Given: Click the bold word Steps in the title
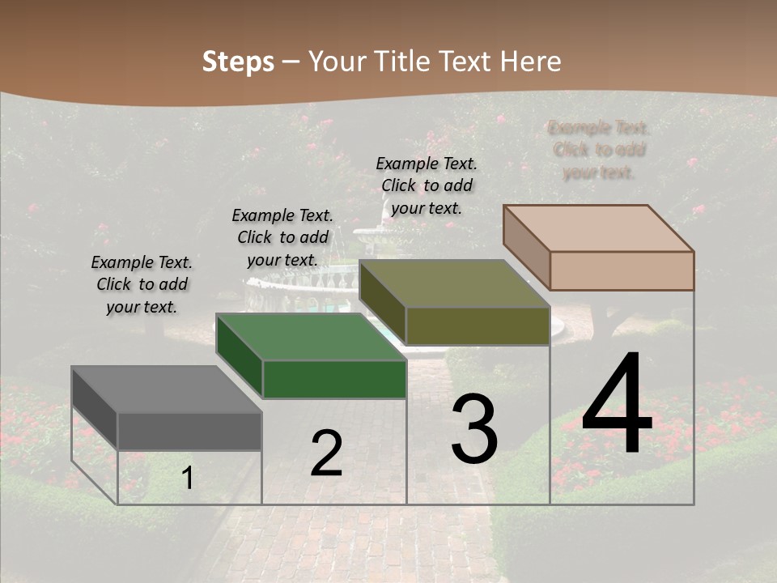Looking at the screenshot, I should (238, 62).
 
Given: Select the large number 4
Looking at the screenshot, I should (617, 406).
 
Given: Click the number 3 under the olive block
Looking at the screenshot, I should (474, 429).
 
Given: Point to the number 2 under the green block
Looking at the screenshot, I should (326, 454).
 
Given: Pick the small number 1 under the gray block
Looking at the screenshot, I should (187, 479).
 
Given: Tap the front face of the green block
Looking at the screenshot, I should (334, 379).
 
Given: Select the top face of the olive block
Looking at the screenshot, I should (453, 283).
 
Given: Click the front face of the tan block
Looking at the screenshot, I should (622, 270).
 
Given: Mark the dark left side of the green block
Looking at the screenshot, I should (239, 356).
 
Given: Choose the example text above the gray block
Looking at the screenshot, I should (142, 284).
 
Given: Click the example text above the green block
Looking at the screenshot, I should (282, 237).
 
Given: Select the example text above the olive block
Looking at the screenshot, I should (427, 185).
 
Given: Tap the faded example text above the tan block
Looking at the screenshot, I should (599, 150).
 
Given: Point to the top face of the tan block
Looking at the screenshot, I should (599, 228).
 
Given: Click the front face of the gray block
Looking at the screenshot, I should (189, 431).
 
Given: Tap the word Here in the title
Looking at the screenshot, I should (532, 62).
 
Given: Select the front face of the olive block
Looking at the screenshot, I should (478, 326).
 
